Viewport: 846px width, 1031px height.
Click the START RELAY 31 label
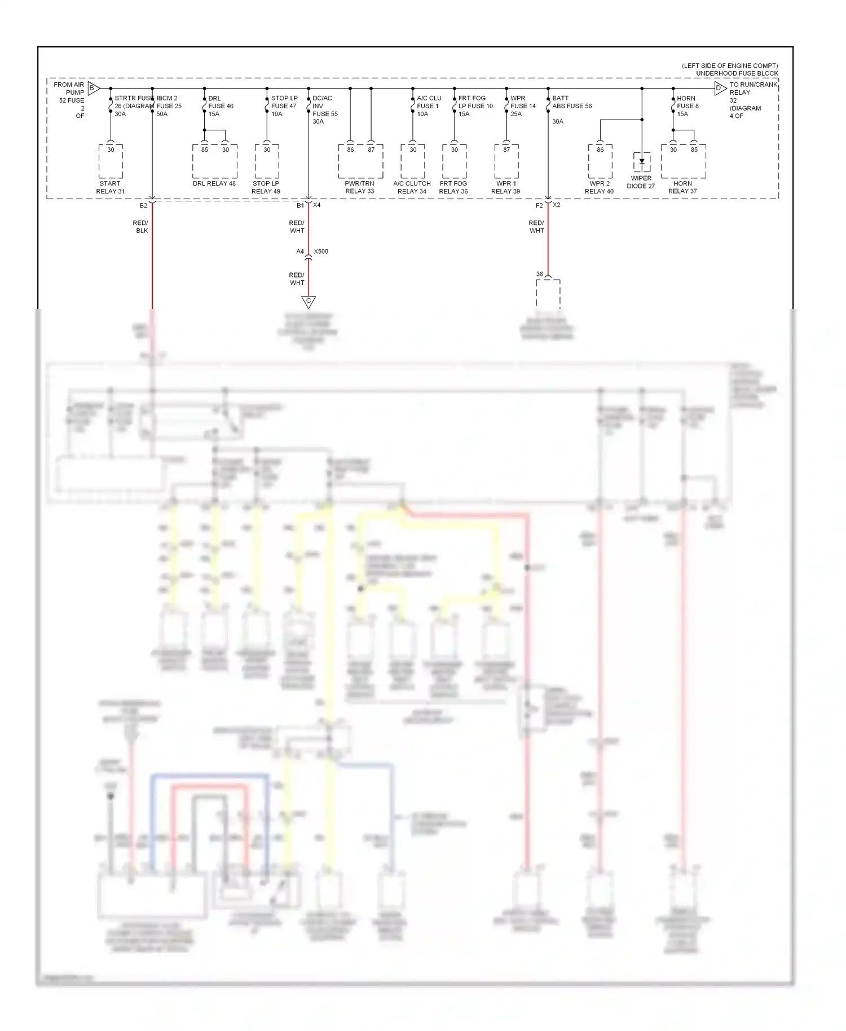(111, 187)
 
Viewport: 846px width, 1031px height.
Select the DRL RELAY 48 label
(214, 183)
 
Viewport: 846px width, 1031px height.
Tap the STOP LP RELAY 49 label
(266, 187)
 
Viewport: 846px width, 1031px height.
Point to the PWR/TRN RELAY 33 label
(360, 187)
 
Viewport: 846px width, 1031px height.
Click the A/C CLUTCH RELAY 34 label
(412, 187)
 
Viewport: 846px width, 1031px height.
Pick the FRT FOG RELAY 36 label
(453, 187)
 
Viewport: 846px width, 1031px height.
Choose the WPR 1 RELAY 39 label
(505, 187)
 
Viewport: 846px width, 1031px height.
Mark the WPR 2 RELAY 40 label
(599, 187)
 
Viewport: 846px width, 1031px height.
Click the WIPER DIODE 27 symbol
(642, 162)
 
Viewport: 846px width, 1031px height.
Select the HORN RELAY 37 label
(682, 187)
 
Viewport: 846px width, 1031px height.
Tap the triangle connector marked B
(93, 88)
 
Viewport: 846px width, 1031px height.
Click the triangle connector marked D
(720, 88)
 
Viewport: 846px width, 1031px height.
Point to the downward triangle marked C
(309, 302)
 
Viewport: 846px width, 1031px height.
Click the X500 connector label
(321, 252)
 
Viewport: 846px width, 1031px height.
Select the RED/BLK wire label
(141, 227)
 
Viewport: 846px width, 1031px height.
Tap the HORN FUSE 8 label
(688, 106)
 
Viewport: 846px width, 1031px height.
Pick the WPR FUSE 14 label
(523, 106)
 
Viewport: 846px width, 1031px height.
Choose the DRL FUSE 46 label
(221, 106)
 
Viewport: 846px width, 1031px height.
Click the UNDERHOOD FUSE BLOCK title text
(737, 73)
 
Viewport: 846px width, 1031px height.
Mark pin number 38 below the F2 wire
(540, 274)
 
